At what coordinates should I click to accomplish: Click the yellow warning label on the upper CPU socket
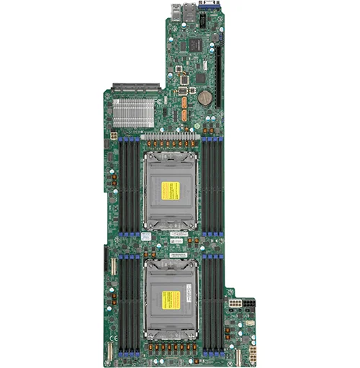pos(170,190)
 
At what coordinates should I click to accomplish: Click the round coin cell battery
pos(204,97)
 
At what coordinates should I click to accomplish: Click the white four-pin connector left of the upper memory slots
pos(112,135)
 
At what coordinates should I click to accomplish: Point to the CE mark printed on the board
pos(112,337)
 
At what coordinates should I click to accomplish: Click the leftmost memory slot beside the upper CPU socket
pos(119,186)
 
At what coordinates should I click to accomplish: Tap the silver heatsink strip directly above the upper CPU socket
pos(171,136)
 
